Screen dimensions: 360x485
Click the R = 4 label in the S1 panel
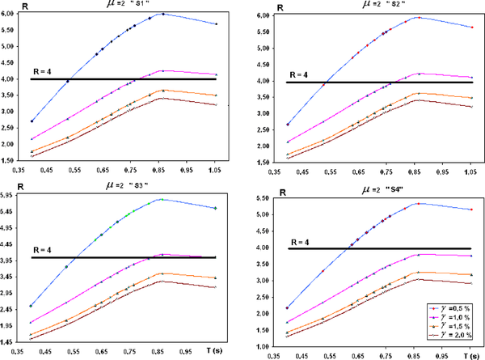pos(44,73)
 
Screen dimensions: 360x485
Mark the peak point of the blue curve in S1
pos(162,14)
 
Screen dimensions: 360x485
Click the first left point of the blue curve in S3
pos(31,306)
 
